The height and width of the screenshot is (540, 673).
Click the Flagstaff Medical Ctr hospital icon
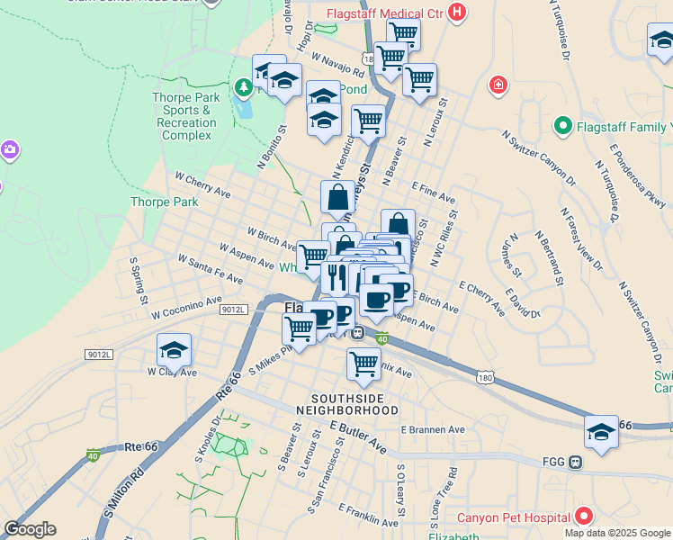click(458, 13)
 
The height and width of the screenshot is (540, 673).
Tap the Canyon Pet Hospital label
click(514, 517)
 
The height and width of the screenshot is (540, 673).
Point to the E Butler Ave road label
click(358, 436)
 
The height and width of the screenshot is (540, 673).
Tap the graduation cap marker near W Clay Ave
click(175, 351)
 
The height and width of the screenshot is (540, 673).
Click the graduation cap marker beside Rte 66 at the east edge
click(601, 432)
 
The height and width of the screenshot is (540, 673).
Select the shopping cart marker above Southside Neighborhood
click(363, 364)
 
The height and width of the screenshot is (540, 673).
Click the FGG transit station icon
click(575, 462)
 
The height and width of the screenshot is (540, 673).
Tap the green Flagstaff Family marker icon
click(564, 125)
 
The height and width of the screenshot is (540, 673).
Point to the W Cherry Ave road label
click(203, 185)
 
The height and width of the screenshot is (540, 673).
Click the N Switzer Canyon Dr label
click(540, 156)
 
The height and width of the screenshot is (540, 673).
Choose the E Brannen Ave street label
click(433, 430)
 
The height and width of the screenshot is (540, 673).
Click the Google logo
click(30, 529)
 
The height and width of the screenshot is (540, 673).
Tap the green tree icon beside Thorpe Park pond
click(242, 87)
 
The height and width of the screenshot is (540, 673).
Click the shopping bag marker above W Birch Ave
click(338, 198)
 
